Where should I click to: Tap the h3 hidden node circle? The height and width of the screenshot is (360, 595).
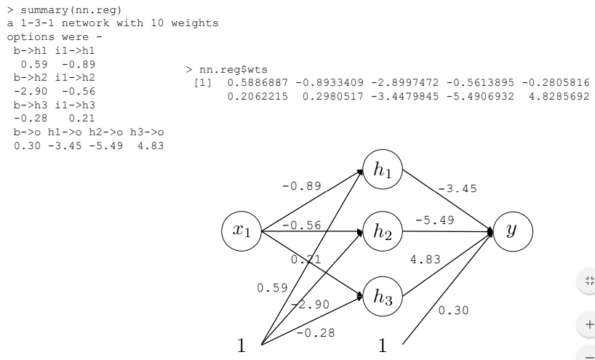[383, 296]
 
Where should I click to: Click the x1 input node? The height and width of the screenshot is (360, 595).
[241, 231]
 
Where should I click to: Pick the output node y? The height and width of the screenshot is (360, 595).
[513, 231]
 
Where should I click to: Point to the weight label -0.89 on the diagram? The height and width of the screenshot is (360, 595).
[301, 186]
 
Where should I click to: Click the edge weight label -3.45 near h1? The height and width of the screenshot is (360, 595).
[458, 188]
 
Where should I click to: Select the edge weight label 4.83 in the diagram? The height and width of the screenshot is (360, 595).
[426, 259]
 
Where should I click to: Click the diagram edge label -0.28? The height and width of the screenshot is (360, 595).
[316, 332]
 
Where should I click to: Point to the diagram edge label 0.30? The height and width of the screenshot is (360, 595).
[453, 311]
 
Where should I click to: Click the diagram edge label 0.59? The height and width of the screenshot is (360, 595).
[272, 288]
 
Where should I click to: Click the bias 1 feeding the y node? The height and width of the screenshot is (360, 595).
[383, 345]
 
